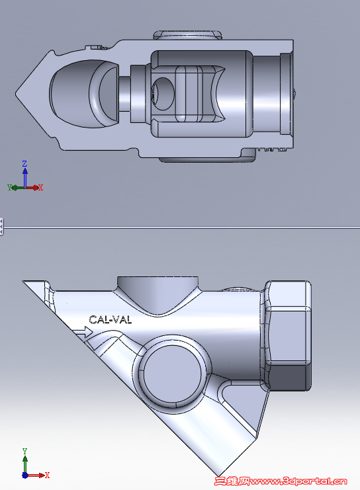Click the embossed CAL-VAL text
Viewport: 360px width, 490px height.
click(110, 320)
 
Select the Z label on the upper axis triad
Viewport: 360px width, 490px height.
click(24, 163)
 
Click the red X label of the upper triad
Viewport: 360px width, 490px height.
click(40, 188)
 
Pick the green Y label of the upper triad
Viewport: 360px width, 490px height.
click(10, 188)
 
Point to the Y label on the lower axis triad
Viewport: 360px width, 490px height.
click(24, 451)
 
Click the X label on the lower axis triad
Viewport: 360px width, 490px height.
click(46, 475)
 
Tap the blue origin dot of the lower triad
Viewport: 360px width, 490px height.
click(24, 475)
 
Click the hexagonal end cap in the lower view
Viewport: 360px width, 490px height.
click(289, 334)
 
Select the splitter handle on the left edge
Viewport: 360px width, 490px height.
click(2, 226)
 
